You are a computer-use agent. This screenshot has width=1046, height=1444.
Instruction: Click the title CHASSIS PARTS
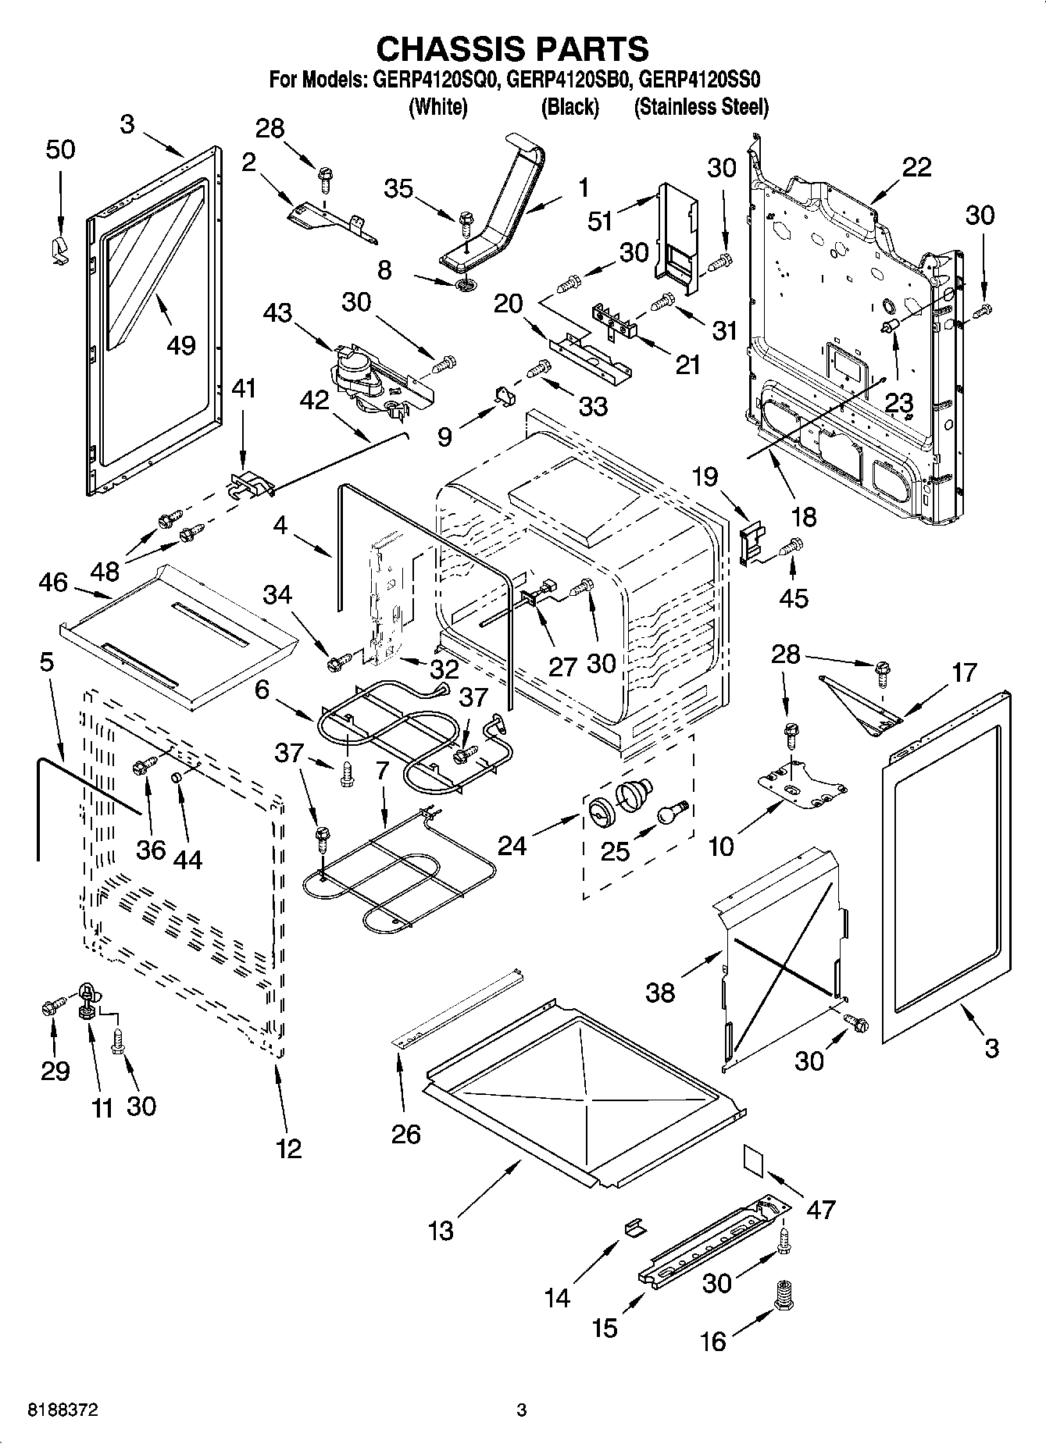512,48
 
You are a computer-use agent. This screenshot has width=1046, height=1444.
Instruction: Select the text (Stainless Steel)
701,107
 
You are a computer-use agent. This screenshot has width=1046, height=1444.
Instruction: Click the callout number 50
60,148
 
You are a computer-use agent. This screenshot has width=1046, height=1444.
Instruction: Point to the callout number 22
916,168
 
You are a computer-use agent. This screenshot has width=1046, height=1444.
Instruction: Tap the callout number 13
441,1231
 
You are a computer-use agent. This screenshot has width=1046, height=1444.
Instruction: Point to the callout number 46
53,582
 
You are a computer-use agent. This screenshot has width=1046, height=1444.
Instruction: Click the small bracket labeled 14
635,1226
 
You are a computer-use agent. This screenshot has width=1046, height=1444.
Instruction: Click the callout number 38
660,992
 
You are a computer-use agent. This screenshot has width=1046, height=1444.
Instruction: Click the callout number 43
277,313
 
